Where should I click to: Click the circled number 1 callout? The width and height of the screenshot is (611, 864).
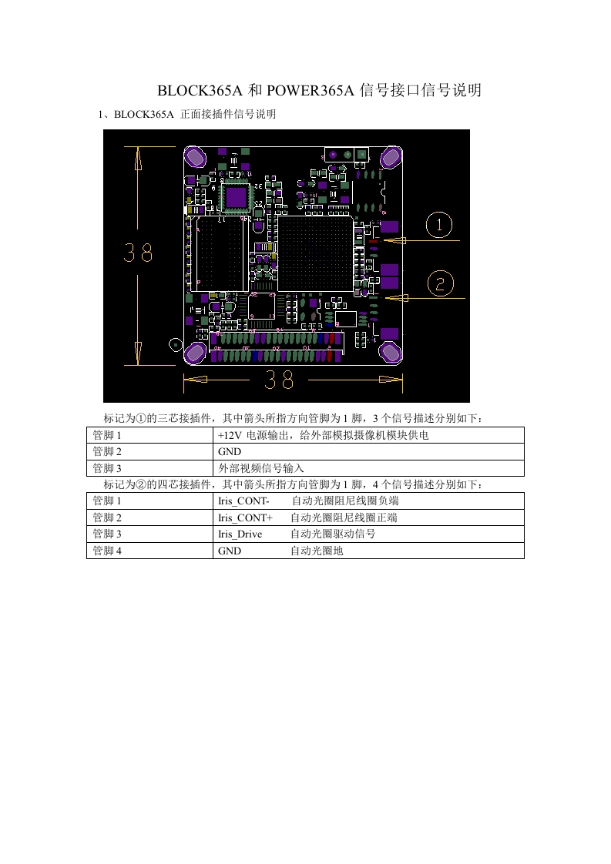(x=440, y=226)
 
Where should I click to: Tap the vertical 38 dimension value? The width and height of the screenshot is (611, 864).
(x=139, y=254)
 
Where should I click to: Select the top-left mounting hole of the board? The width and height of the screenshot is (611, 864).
(x=195, y=157)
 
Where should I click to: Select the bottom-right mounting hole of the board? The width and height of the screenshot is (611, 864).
(x=391, y=353)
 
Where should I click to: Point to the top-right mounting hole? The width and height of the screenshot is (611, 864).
(x=391, y=157)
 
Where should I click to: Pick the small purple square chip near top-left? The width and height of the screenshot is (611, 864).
(x=235, y=197)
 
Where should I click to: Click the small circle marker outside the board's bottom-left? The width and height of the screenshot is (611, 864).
(x=175, y=344)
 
